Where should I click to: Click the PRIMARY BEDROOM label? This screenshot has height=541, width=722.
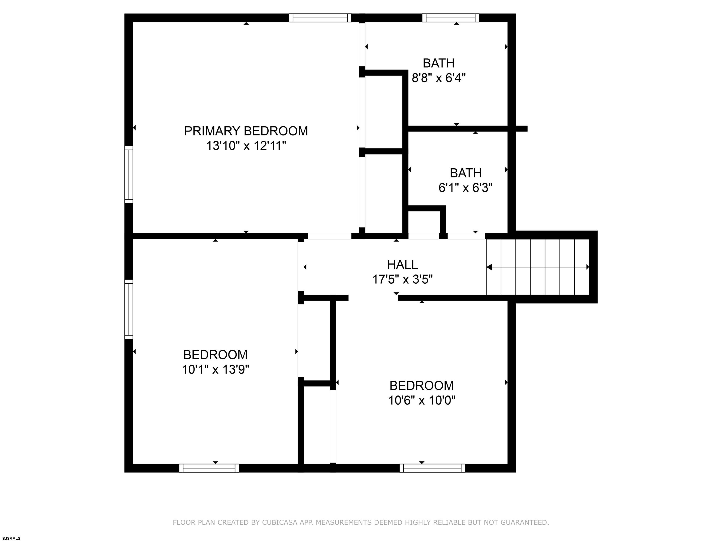(x=246, y=131)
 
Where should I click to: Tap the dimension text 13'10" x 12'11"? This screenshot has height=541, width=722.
(x=246, y=146)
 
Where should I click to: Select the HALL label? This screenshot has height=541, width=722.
(x=402, y=264)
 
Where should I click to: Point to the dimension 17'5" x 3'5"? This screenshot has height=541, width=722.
(x=402, y=279)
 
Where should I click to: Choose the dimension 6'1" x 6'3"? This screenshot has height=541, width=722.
(x=465, y=188)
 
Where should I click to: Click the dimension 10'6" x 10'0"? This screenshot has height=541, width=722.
(x=421, y=400)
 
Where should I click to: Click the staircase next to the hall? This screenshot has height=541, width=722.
(x=538, y=267)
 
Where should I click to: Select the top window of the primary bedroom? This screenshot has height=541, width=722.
(x=320, y=18)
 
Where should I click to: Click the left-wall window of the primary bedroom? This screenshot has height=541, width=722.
(x=129, y=174)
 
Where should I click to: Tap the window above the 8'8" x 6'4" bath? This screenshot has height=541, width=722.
(x=451, y=18)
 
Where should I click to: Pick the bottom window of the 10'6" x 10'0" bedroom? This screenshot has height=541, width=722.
(x=432, y=468)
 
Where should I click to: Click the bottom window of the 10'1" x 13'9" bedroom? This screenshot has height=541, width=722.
(x=209, y=468)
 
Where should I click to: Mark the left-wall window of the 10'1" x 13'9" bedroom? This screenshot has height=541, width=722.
(x=129, y=309)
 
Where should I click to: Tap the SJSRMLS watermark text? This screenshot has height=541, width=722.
(x=12, y=538)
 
